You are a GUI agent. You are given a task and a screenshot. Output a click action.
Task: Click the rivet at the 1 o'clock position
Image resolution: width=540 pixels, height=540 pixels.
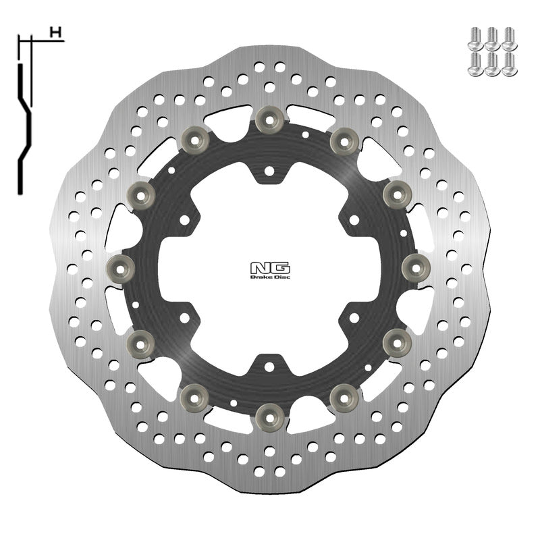tap(342, 140)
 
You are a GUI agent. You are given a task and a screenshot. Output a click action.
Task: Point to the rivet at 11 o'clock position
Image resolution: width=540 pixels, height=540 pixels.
tap(196, 140)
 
